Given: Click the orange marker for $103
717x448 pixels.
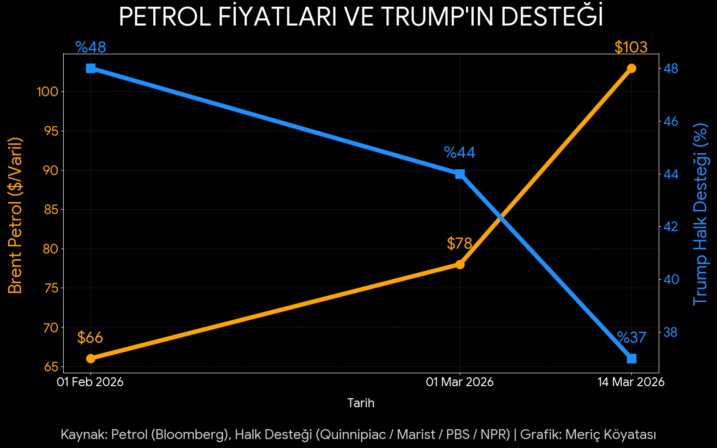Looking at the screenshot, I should tap(631, 68).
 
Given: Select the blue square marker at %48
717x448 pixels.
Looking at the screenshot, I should tap(91, 68).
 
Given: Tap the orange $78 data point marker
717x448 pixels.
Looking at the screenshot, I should tap(460, 264).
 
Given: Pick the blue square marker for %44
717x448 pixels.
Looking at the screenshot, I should tap(460, 174).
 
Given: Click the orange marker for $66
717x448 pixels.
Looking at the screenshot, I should tap(91, 358).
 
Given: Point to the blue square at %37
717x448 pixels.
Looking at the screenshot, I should tap(631, 359).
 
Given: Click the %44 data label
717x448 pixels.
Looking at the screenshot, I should tap(459, 153).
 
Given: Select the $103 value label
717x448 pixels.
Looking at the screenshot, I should tap(631, 47).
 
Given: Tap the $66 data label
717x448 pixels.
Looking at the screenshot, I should tap(90, 338).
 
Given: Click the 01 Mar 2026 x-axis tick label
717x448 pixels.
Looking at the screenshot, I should tap(460, 382).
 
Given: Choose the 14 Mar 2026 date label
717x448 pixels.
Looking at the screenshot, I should tap(631, 382).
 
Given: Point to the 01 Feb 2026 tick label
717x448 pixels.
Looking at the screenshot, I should tap(90, 382).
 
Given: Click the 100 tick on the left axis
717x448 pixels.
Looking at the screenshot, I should tap(48, 92).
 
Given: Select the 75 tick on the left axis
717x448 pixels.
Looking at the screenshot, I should tap(51, 288).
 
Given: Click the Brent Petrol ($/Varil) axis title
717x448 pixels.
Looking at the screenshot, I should tap(15, 215).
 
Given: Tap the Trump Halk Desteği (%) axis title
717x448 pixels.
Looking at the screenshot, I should tap(700, 214).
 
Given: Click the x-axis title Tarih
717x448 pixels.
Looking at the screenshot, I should tap(361, 403).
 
